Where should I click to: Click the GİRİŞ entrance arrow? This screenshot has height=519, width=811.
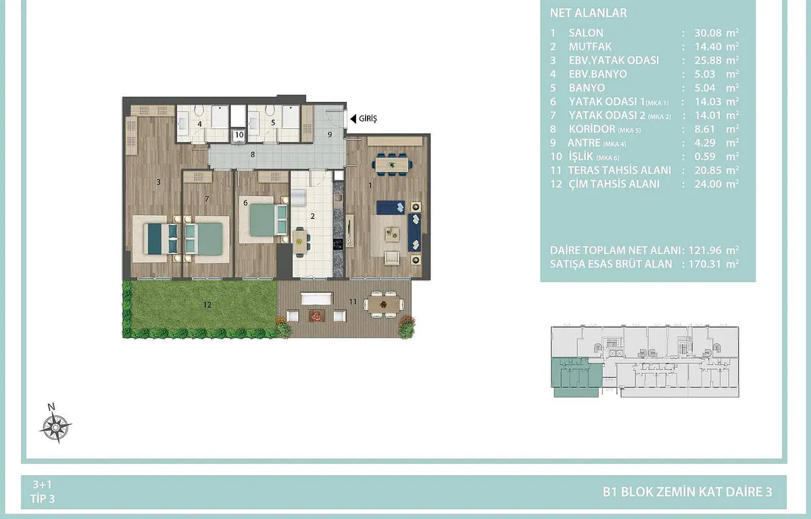click(x=353, y=119)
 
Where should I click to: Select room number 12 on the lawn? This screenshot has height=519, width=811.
click(x=207, y=305)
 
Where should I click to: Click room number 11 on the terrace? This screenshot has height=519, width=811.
click(x=353, y=301)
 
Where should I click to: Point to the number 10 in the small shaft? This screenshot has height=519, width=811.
click(x=239, y=135)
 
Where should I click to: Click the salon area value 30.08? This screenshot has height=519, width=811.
click(x=708, y=33)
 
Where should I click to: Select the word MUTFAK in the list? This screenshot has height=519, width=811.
click(x=590, y=47)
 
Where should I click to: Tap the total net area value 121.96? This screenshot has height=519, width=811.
click(x=702, y=250)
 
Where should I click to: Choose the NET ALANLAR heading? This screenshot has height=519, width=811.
click(x=589, y=13)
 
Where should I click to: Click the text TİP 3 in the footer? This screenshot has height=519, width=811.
click(x=43, y=499)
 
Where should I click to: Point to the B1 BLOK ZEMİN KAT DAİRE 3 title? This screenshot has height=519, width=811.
click(x=687, y=492)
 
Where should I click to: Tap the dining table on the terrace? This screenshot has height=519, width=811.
click(x=384, y=304)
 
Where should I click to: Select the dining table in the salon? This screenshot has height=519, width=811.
click(x=392, y=165)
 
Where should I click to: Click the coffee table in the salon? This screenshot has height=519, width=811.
click(x=392, y=234)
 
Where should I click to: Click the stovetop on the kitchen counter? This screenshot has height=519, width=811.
click(x=338, y=244)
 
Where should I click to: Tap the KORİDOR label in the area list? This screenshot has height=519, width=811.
click(x=591, y=129)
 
